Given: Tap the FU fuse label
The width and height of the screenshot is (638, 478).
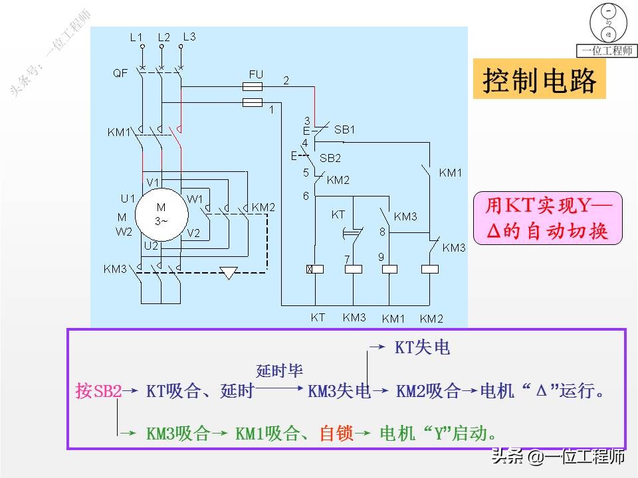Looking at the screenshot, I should [256, 74].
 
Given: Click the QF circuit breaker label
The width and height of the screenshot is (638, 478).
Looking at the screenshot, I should [120, 74].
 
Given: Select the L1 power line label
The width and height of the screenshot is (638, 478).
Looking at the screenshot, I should [136, 39].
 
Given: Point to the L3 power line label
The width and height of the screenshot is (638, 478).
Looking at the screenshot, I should [189, 37].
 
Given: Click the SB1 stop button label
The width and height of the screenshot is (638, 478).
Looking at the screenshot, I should [344, 130].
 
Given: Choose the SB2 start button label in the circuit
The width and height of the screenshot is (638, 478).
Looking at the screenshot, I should [330, 158].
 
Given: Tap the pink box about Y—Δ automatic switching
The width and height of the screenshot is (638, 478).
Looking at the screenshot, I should [548, 219].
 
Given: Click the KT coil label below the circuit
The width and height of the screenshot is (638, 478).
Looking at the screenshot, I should [318, 318].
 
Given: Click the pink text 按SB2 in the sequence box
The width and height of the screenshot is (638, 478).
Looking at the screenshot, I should [98, 391].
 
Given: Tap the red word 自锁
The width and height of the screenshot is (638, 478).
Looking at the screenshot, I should [336, 434].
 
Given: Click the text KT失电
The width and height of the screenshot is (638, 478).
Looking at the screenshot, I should [423, 348].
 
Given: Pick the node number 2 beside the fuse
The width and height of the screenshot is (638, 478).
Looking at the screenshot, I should [286, 81].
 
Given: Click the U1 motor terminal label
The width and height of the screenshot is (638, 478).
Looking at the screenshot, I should [128, 199].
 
